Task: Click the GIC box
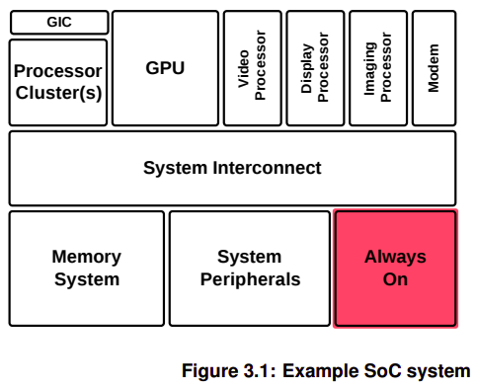pyautogui.click(x=58, y=22)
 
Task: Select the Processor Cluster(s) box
pyautogui.click(x=58, y=82)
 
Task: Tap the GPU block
pyautogui.click(x=165, y=68)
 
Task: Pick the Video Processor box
pyautogui.click(x=253, y=68)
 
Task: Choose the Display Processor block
pyautogui.click(x=315, y=68)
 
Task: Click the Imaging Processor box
pyautogui.click(x=377, y=68)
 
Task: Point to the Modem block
pyautogui.click(x=434, y=68)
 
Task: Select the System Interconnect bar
pyautogui.click(x=232, y=168)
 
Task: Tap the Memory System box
pyautogui.click(x=87, y=268)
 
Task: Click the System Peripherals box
pyautogui.click(x=250, y=268)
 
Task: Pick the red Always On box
pyautogui.click(x=395, y=268)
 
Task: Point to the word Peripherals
pyautogui.click(x=250, y=279)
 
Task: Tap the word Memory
pyautogui.click(x=87, y=257)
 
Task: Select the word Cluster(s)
pyautogui.click(x=58, y=93)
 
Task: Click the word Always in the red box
pyautogui.click(x=395, y=257)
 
